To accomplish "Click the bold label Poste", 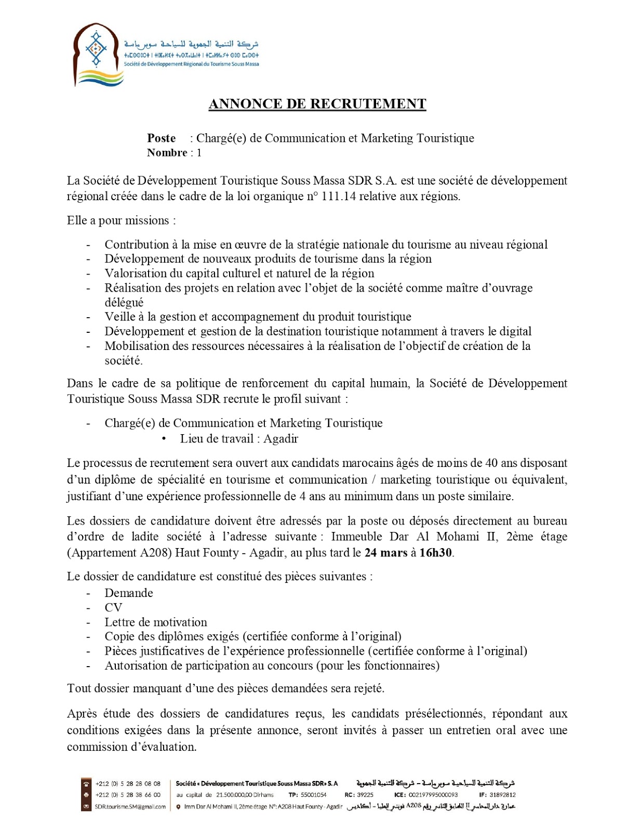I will click(x=161, y=138).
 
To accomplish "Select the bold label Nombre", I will click(x=167, y=153).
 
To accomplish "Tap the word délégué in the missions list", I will click(x=124, y=303).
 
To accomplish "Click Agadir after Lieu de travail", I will click(x=280, y=439).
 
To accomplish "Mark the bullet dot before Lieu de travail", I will click(x=164, y=439).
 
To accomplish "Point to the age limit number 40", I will click(x=491, y=463).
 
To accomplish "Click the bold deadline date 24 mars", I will click(x=386, y=553).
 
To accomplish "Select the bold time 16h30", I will click(x=435, y=553).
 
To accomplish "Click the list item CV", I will click(x=113, y=608).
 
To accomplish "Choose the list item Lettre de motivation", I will click(x=156, y=622).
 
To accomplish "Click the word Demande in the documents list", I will click(x=129, y=593).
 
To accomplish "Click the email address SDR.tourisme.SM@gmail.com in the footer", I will click(x=130, y=807).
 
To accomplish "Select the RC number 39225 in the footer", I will click(x=365, y=795).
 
